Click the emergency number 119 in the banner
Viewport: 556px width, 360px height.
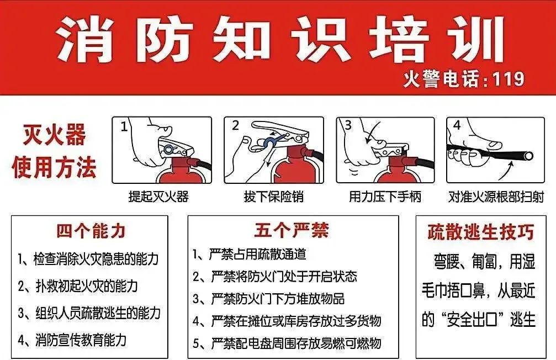coord(508,79)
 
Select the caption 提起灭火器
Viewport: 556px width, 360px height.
coord(158,196)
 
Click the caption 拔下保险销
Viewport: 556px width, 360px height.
coord(274,196)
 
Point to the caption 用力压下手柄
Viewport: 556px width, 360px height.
coord(385,196)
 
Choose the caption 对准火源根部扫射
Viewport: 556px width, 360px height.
coord(496,196)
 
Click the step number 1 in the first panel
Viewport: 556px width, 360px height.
coord(124,127)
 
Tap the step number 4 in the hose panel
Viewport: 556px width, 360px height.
coord(457,125)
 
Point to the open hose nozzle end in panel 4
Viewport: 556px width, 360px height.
coord(529,156)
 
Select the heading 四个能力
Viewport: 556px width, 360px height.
coord(91,231)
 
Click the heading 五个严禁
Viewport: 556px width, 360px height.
coord(292,230)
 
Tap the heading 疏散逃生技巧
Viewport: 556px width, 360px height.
coord(481,232)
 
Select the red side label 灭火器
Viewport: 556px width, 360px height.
coord(54,135)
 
